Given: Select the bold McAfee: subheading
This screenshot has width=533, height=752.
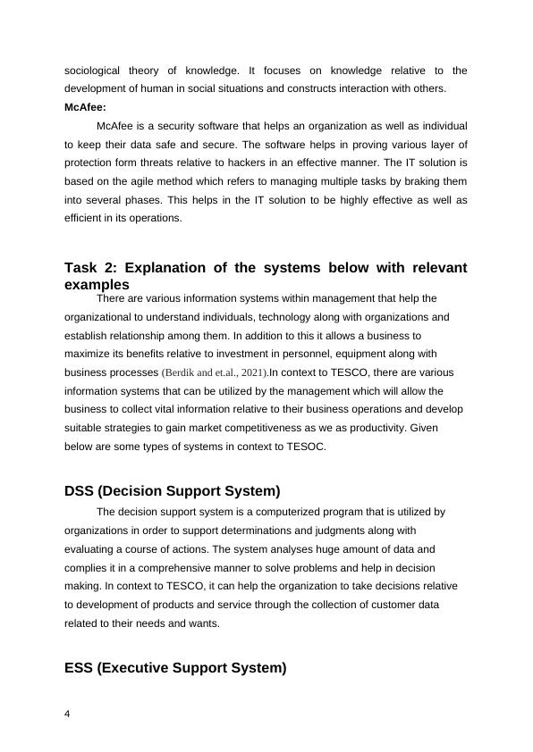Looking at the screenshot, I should point(85,107).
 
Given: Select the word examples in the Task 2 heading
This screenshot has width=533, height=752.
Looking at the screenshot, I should point(97,283).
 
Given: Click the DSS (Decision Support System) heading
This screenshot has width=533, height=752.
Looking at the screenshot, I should point(173,491).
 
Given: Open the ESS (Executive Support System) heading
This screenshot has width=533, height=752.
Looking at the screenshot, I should point(175,667).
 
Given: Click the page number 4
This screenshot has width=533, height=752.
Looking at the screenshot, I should point(68,714).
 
